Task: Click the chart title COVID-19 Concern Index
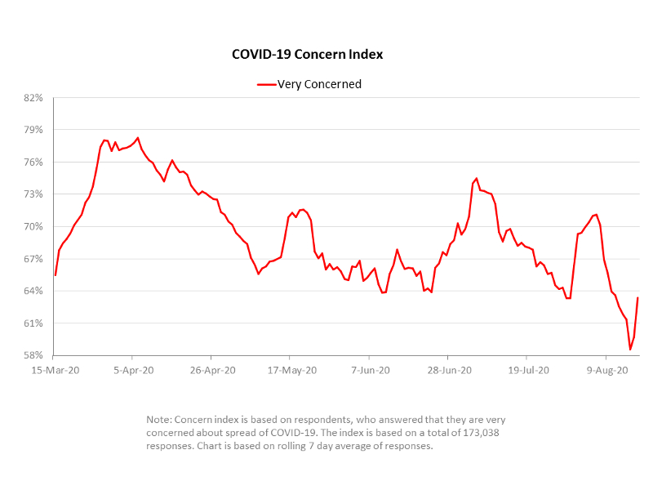(x=308, y=55)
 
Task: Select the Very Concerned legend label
(x=319, y=84)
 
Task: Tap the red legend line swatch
(x=266, y=84)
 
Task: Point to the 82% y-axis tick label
(x=33, y=98)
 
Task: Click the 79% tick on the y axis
(x=33, y=130)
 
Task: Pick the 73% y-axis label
(x=33, y=194)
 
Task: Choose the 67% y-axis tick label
(x=33, y=259)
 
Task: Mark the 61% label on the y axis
(x=33, y=323)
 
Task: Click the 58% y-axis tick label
(x=33, y=355)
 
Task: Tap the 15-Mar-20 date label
(x=53, y=370)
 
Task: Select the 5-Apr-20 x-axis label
(x=132, y=370)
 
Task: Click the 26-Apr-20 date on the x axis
(x=211, y=370)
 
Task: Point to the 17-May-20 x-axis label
(x=290, y=370)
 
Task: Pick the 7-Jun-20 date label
(x=369, y=370)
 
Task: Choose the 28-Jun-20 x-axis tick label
(x=447, y=370)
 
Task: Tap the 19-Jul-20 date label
(x=526, y=370)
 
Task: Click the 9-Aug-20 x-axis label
(x=606, y=370)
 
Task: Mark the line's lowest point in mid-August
(x=630, y=350)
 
